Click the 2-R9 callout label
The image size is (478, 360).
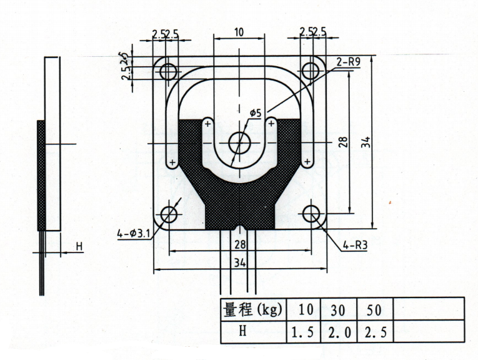[x=348, y=62]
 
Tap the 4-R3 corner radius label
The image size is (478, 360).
[x=355, y=246]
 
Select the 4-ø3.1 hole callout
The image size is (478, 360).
[x=134, y=234]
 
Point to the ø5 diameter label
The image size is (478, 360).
[x=256, y=113]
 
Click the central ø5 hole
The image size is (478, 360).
[x=239, y=143]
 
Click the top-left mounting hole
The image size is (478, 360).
[x=168, y=72]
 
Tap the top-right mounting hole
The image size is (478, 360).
[x=311, y=71]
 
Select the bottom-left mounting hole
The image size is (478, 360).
[x=169, y=214]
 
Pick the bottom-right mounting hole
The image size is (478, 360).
[x=311, y=213]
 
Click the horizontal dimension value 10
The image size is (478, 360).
[x=239, y=32]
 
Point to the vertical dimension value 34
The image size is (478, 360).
[x=366, y=142]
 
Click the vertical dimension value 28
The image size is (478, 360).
[x=343, y=142]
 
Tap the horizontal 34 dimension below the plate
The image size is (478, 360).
[x=240, y=262]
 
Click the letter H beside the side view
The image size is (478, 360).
[x=79, y=246]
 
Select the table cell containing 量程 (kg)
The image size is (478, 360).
[x=254, y=309]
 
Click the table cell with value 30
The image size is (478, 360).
[x=339, y=309]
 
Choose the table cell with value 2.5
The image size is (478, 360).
[x=375, y=332]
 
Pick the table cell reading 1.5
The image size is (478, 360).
[x=304, y=332]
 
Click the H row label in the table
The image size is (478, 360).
[x=242, y=331]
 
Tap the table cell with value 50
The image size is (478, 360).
[x=375, y=309]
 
